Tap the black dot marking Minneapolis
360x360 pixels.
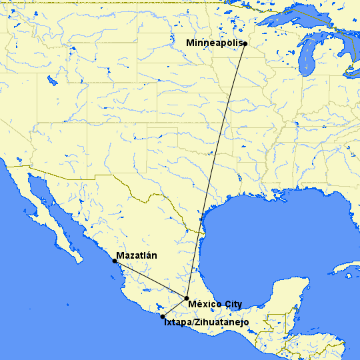tap(245, 44)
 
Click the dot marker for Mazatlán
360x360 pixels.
tap(115, 261)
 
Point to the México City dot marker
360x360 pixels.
tap(187, 298)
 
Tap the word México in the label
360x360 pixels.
tap(204, 304)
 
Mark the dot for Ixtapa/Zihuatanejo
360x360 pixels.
tap(163, 316)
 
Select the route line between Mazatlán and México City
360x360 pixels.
tap(151, 279)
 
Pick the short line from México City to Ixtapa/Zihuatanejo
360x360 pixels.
tap(175, 307)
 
